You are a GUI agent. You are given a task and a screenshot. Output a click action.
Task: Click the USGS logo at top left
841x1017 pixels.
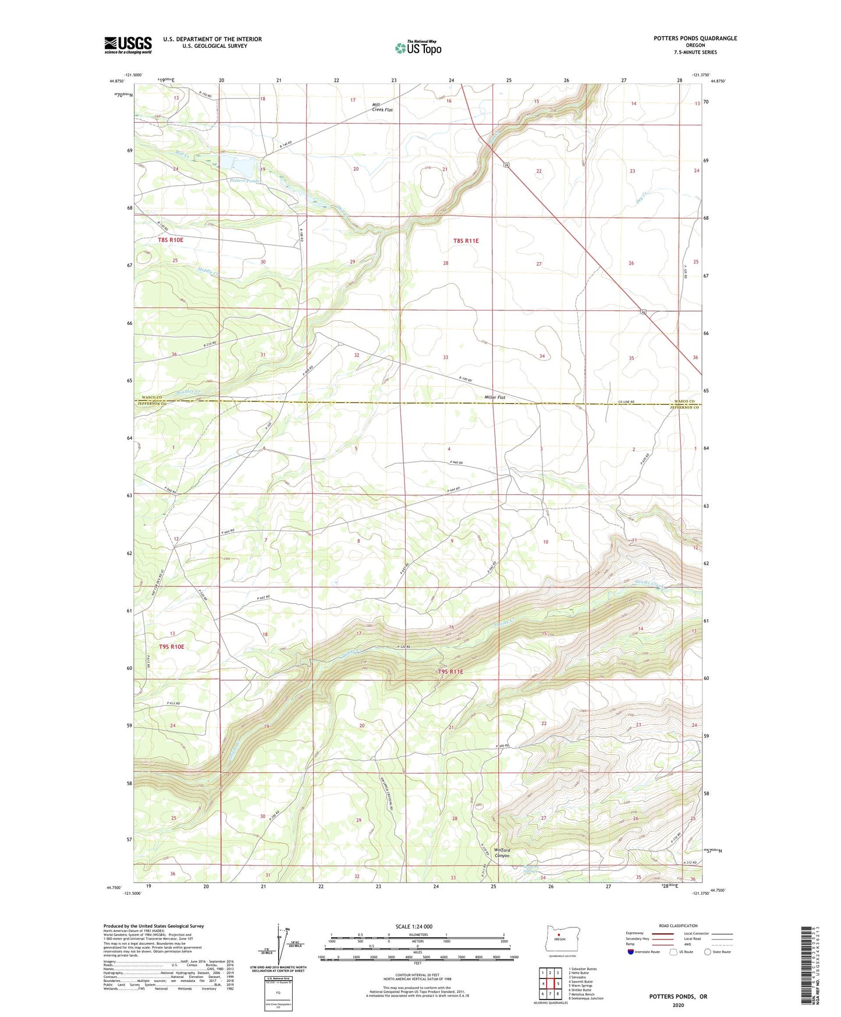click(x=128, y=45)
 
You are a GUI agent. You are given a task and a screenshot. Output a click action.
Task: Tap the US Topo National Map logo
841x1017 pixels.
click(x=418, y=47)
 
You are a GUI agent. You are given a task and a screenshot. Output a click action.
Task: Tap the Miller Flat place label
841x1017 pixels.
click(x=495, y=398)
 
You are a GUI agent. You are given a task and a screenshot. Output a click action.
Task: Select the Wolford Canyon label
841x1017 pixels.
click(x=502, y=853)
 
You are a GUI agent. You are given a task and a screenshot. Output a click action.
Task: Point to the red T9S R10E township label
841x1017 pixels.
click(x=171, y=647)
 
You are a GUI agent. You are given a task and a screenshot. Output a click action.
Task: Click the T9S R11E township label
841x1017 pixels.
click(x=450, y=672)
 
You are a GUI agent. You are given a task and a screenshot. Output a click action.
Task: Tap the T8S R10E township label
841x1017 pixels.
click(x=171, y=240)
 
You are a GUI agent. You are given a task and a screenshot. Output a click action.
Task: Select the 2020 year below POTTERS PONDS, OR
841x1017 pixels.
click(x=678, y=1005)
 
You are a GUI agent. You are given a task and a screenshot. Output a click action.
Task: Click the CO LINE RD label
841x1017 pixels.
click(x=626, y=402)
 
